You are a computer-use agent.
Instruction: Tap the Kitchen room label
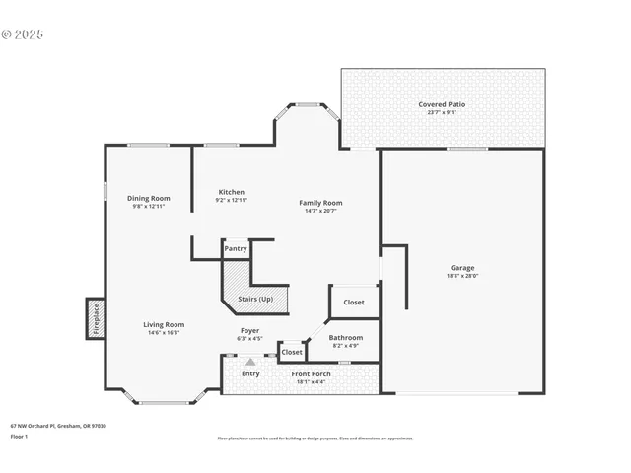231,192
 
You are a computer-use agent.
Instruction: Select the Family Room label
320,203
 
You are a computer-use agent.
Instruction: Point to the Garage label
462,268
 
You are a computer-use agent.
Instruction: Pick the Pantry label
236,249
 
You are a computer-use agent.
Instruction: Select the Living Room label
164,324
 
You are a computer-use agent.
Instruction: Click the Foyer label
250,330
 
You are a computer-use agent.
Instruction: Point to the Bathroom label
345,338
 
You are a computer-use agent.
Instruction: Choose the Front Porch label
310,373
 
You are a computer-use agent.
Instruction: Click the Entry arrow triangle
250,362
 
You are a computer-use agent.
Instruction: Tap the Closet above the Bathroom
354,303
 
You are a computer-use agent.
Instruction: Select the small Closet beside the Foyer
292,352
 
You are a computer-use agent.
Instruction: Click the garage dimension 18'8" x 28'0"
462,276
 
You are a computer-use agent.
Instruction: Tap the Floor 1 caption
20,435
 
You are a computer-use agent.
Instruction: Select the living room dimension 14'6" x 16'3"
164,332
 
